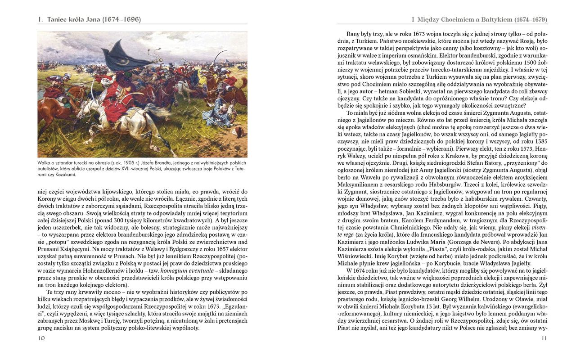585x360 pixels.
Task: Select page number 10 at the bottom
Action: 41,338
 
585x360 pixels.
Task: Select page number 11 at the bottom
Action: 544,338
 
